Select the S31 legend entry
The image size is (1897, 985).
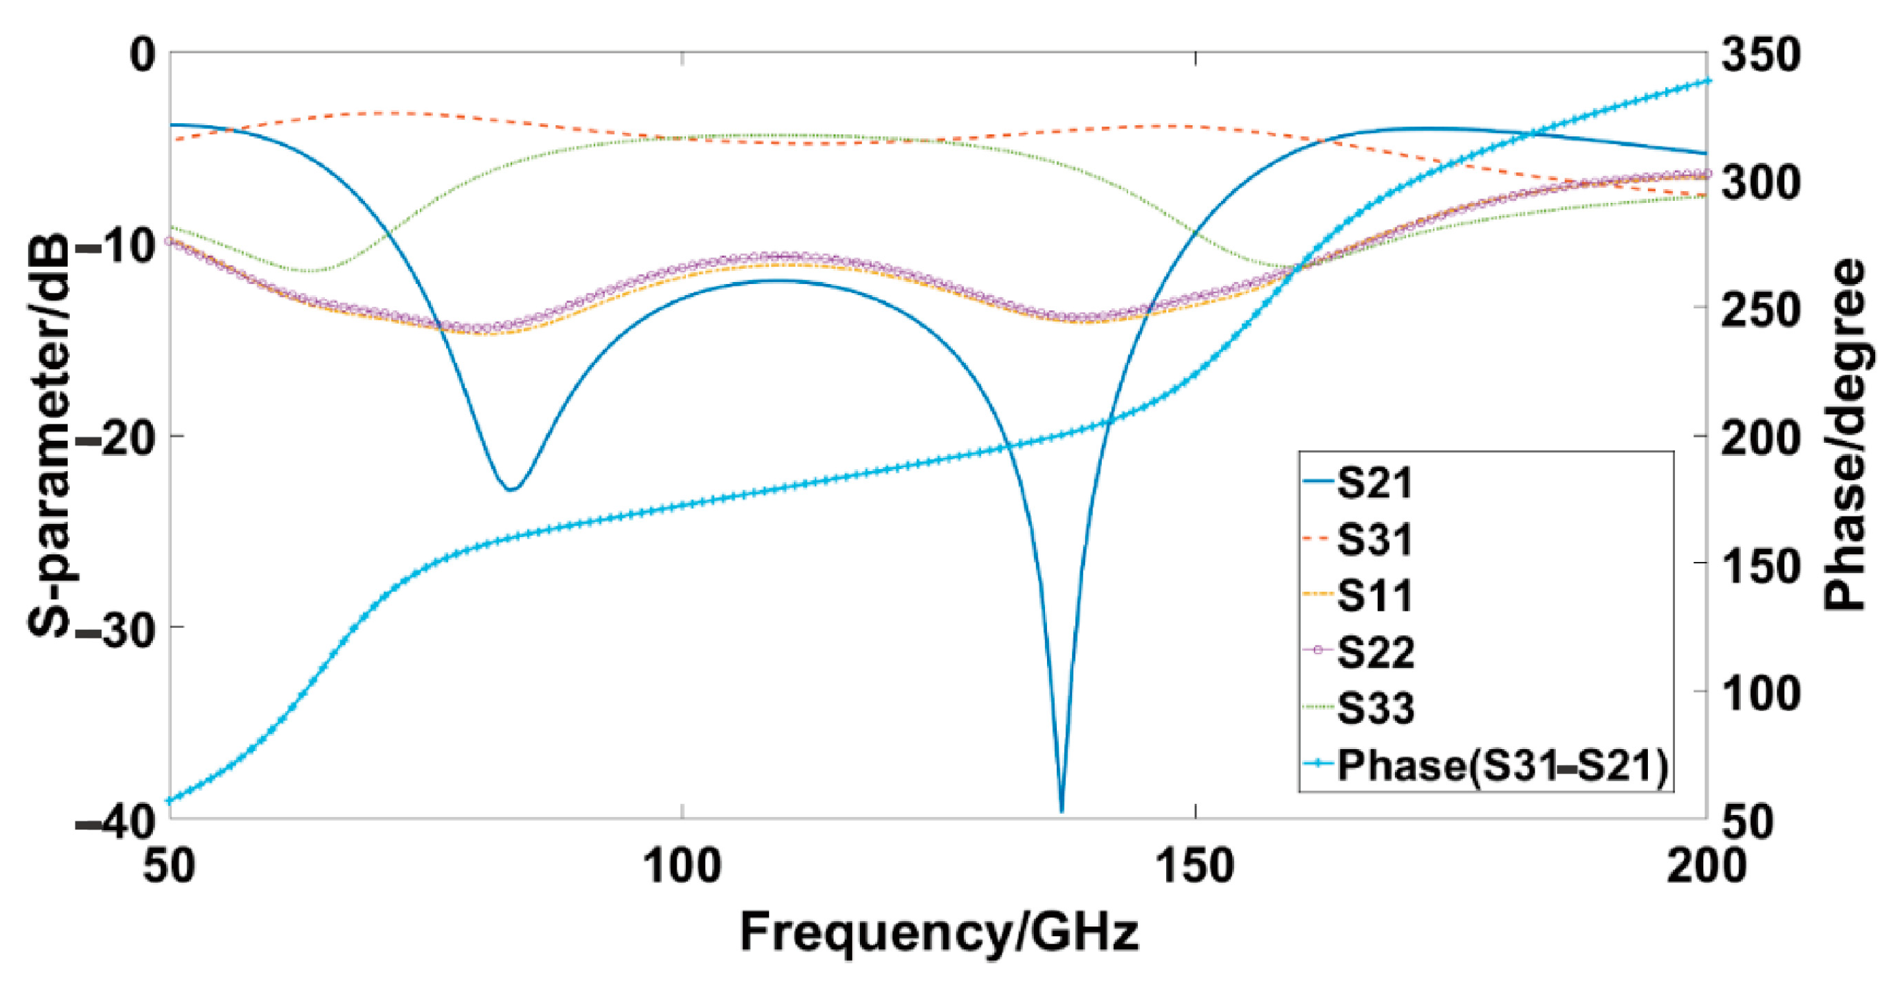point(1374,540)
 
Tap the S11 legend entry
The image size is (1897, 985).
point(1374,596)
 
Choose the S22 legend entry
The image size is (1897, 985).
point(1374,652)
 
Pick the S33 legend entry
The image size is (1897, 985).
point(1374,708)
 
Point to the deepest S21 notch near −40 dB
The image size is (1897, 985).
point(1061,810)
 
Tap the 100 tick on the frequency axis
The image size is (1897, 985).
point(682,867)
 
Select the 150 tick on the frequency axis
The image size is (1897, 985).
point(1195,867)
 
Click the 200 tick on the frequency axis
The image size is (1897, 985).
point(1705,867)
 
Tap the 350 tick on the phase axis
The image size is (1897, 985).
point(1760,55)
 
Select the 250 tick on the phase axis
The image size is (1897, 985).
point(1760,310)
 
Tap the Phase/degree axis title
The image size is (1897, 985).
point(1845,434)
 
